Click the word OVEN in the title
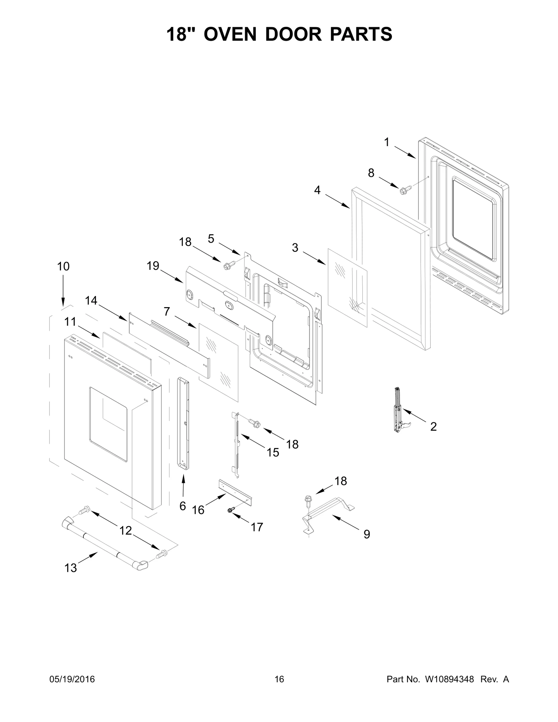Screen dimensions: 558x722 [231, 34]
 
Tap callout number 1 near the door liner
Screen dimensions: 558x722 [386, 142]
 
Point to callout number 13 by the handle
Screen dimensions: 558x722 [70, 568]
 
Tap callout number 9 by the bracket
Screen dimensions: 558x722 [367, 534]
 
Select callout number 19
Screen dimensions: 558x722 [153, 266]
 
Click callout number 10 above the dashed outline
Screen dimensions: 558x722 [63, 266]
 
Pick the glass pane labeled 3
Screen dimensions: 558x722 [347, 288]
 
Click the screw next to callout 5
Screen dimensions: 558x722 [229, 265]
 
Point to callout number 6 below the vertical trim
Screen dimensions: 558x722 [182, 506]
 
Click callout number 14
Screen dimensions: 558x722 [91, 301]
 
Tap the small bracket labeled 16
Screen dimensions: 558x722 [235, 493]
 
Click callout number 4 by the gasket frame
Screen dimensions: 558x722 [317, 190]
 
